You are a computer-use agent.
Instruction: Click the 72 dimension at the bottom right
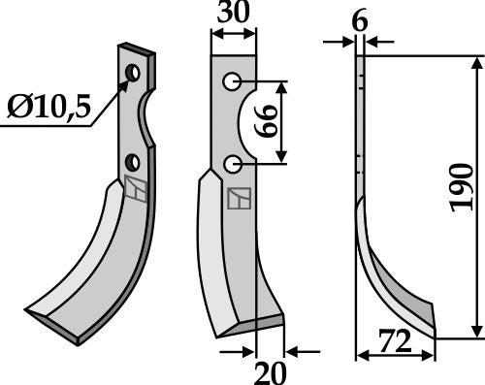click(394, 341)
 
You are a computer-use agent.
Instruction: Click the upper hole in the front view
click(233, 82)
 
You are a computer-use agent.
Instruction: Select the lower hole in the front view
click(233, 166)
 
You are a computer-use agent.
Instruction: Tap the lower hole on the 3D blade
click(132, 160)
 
